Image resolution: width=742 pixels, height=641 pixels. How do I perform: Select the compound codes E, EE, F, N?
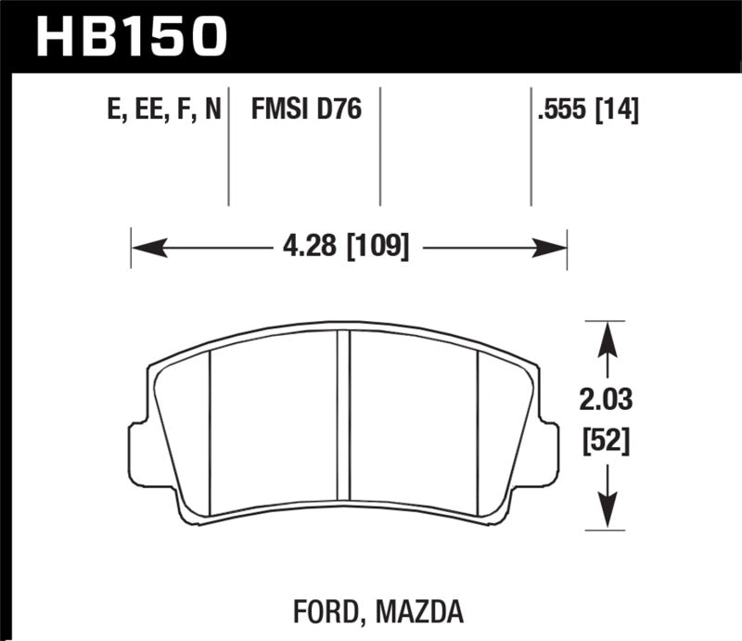coord(163,112)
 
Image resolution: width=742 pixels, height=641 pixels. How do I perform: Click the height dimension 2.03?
coord(606,403)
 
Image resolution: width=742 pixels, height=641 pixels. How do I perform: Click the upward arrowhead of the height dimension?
coord(606,337)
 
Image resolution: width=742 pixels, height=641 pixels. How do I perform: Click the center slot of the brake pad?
coord(350,422)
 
